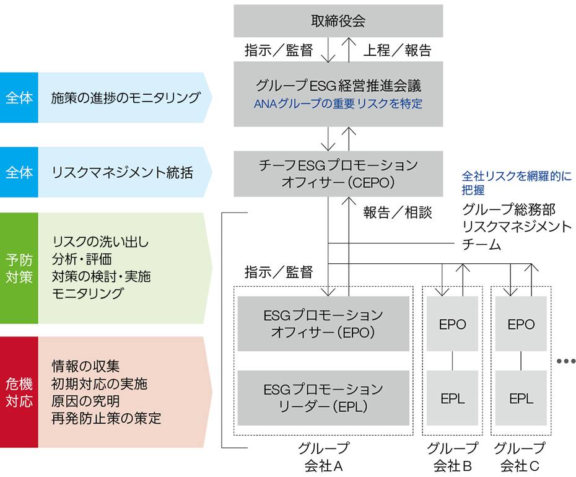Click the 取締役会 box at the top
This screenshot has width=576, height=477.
click(x=338, y=21)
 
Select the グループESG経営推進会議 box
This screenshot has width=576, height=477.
click(x=338, y=85)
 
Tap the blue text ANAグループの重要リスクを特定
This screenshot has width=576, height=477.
click(x=338, y=104)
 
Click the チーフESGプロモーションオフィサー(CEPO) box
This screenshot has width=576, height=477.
click(x=338, y=173)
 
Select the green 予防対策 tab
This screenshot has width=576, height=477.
click(x=19, y=268)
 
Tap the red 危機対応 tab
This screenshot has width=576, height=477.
click(x=19, y=392)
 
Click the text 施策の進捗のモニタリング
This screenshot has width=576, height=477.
click(x=126, y=98)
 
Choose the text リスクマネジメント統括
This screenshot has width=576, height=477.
click(x=122, y=172)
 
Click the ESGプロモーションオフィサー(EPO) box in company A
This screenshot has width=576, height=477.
click(x=323, y=323)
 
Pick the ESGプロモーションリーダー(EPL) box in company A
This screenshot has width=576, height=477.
click(x=323, y=398)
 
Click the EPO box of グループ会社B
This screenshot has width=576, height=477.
click(x=452, y=324)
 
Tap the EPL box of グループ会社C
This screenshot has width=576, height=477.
click(x=521, y=398)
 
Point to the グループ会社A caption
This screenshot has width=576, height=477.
click(x=323, y=457)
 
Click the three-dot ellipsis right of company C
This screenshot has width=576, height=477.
click(x=565, y=361)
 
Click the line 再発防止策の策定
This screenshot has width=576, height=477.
click(x=107, y=418)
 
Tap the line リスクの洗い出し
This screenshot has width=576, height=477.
click(x=101, y=241)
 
